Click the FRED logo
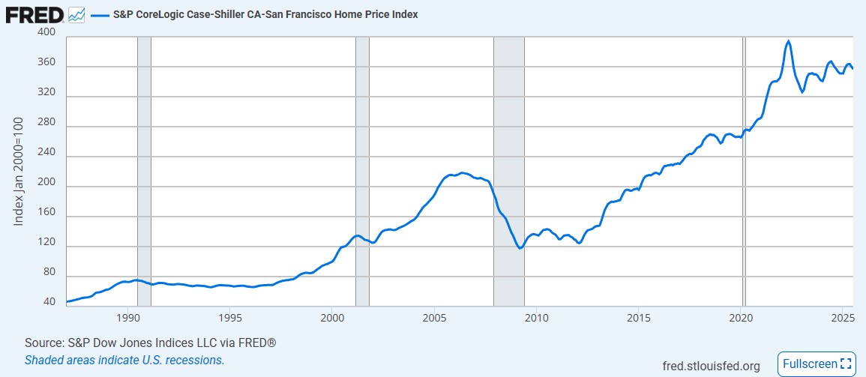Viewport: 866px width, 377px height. click(x=34, y=14)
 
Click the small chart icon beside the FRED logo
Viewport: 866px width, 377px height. click(x=76, y=14)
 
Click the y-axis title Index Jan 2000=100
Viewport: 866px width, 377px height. click(x=20, y=172)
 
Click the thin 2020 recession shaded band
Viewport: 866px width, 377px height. click(x=744, y=150)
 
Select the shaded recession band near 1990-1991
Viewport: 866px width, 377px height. click(x=144, y=150)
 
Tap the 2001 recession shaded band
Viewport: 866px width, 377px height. click(x=362, y=150)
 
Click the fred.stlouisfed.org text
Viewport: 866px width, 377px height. click(x=712, y=366)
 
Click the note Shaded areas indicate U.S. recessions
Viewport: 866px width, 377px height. click(x=124, y=360)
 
